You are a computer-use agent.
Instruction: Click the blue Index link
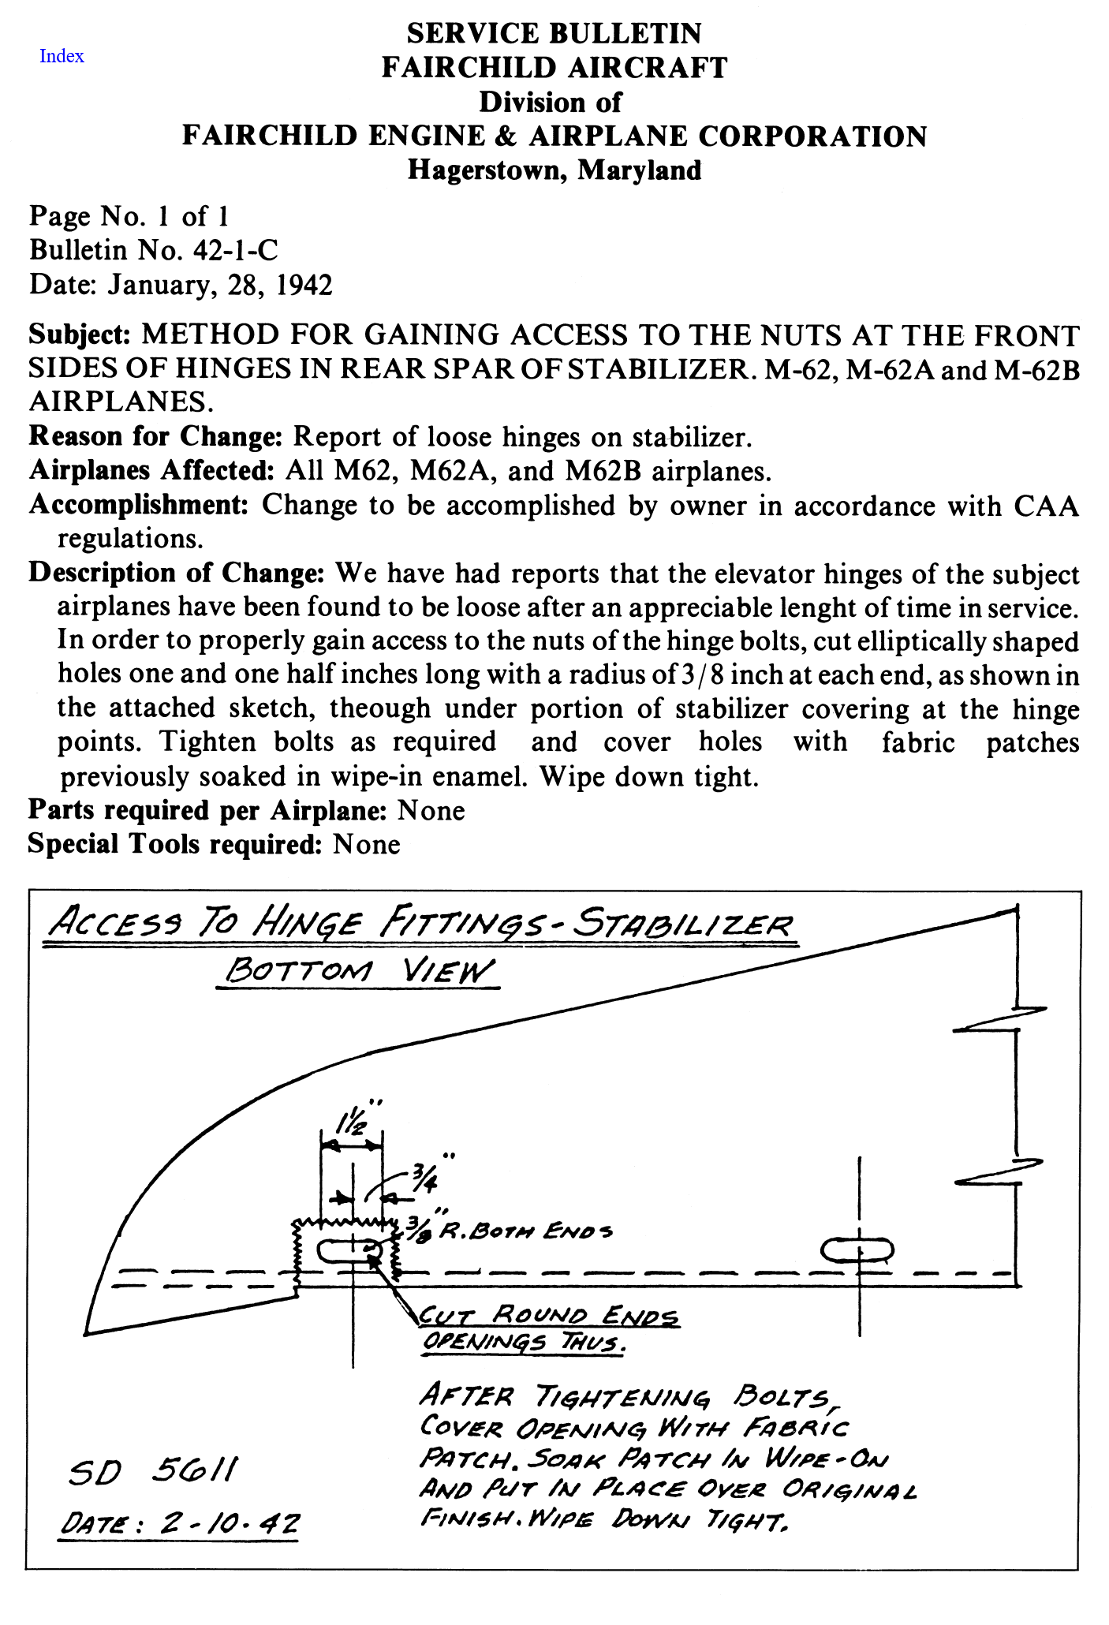[x=62, y=56]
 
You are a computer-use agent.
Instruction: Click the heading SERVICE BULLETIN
[x=554, y=33]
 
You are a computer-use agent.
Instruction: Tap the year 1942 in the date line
[x=304, y=284]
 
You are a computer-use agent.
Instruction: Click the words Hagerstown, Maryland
[x=554, y=170]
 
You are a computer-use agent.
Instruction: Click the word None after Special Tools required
[x=366, y=844]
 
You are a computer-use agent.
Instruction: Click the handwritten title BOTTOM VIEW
[x=358, y=970]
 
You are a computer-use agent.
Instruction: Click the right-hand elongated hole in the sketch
[x=857, y=1250]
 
